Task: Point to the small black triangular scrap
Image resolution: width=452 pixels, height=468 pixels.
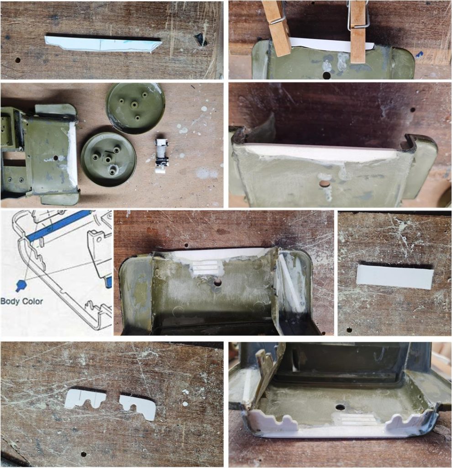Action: pos(200,39)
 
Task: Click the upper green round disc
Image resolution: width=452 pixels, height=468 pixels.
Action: pos(136,108)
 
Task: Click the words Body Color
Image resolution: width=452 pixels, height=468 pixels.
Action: pos(22,301)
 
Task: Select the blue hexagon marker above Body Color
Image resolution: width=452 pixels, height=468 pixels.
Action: pos(21,285)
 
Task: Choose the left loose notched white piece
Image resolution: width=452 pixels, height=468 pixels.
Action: pos(85,399)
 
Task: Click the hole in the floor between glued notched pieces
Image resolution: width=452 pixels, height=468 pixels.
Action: pos(340,407)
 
